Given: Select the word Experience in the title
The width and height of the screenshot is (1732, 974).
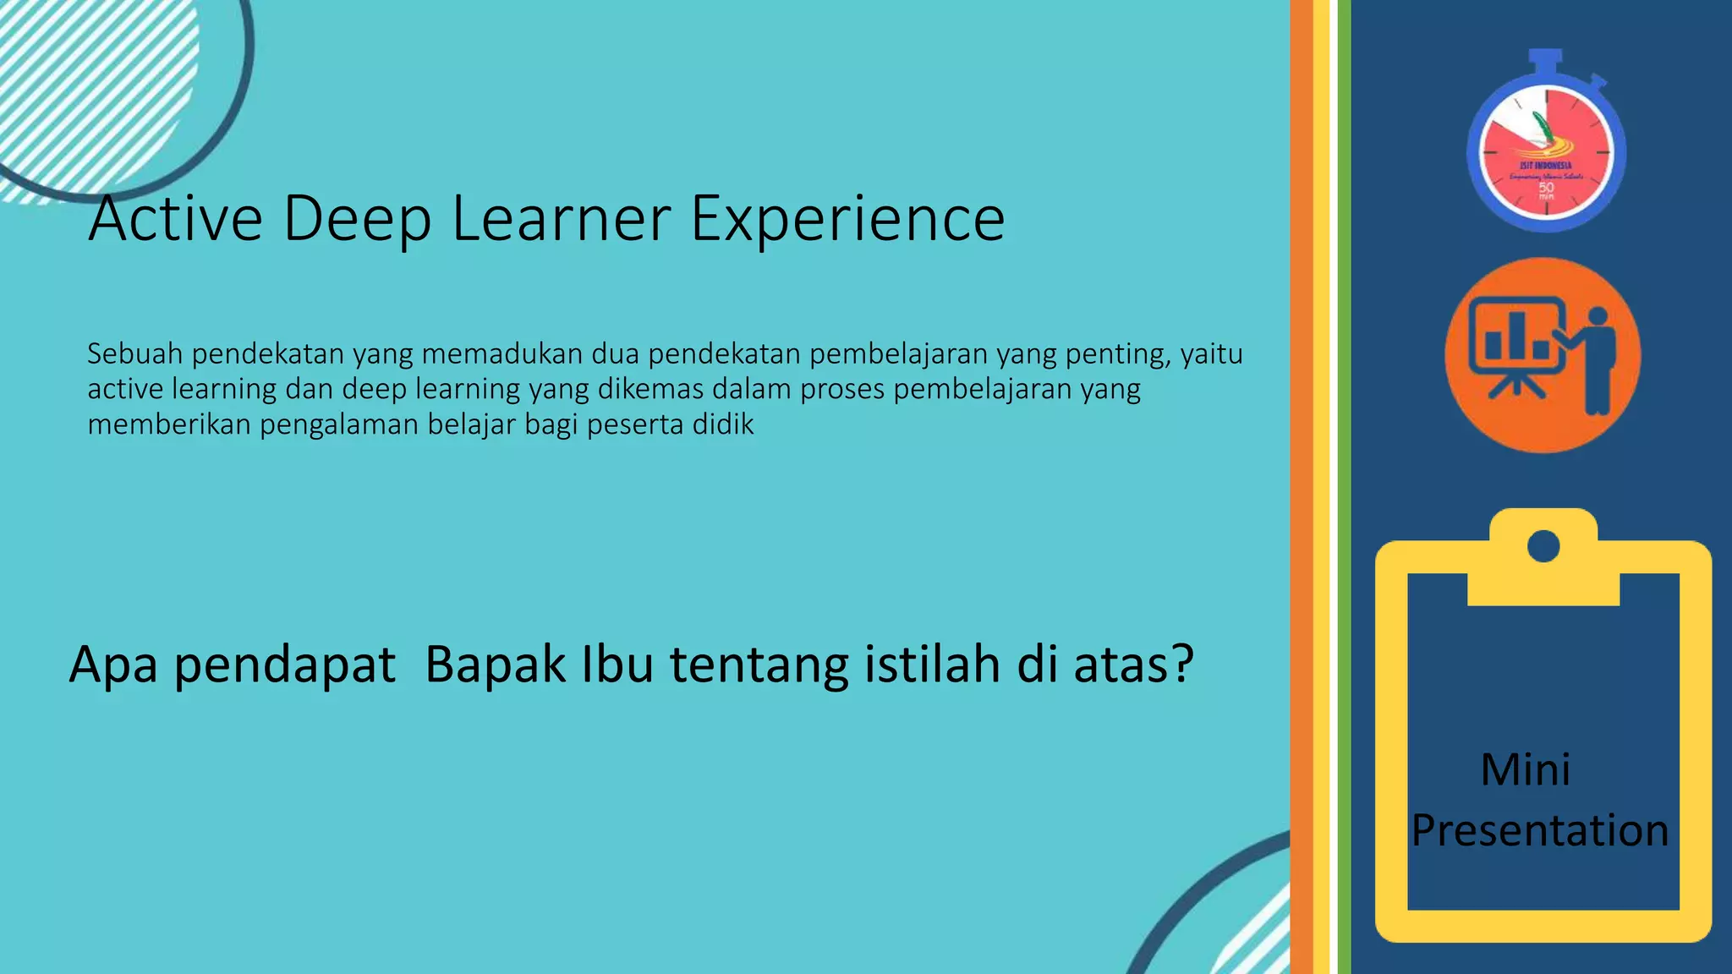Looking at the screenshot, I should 847,219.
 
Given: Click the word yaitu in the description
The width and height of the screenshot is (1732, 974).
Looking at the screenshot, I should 1211,353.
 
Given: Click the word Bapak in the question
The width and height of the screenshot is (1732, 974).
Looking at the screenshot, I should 495,665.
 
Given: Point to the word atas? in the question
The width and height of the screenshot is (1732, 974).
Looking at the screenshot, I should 1133,665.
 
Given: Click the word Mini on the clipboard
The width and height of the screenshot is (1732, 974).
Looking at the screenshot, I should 1526,769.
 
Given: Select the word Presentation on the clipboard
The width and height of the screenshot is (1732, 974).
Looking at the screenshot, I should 1540,830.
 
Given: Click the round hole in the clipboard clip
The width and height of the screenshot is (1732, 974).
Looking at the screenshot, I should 1543,546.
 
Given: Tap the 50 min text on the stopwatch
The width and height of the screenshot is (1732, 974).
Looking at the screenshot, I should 1546,189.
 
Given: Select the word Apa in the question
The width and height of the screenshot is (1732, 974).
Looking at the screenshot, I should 113,665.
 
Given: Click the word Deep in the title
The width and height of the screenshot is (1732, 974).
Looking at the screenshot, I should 356,219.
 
